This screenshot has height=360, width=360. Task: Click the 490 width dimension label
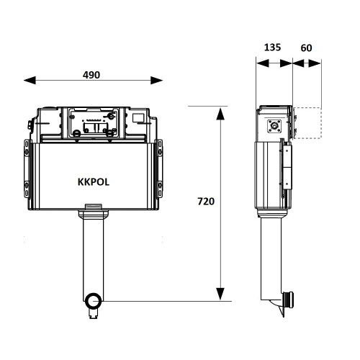coord(90,74)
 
